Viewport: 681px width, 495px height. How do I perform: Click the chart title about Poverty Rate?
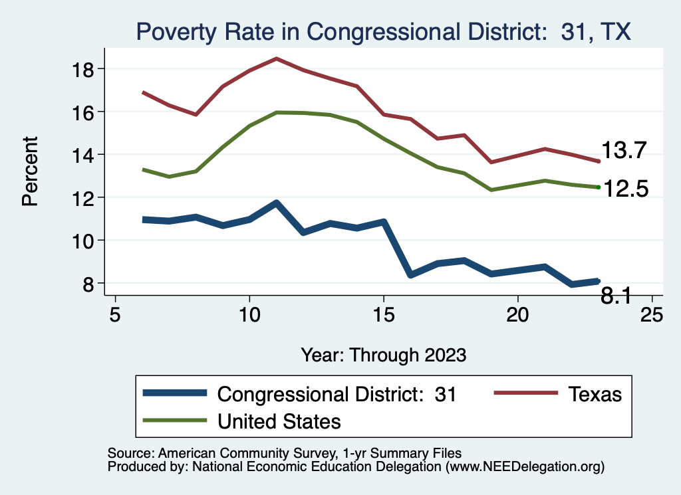pos(382,31)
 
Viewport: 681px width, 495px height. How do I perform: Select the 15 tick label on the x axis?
pos(384,314)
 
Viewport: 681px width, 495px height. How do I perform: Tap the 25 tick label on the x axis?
pos(652,314)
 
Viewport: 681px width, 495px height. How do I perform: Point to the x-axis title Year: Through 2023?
pos(383,353)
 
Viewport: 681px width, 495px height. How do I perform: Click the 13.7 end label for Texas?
pos(624,151)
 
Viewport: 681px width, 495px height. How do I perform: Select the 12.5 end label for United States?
pos(624,189)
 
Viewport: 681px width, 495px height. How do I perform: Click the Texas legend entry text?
pos(595,394)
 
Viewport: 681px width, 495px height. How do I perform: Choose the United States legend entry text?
pos(279,421)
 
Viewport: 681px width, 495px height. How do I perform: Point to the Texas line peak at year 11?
pos(277,58)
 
